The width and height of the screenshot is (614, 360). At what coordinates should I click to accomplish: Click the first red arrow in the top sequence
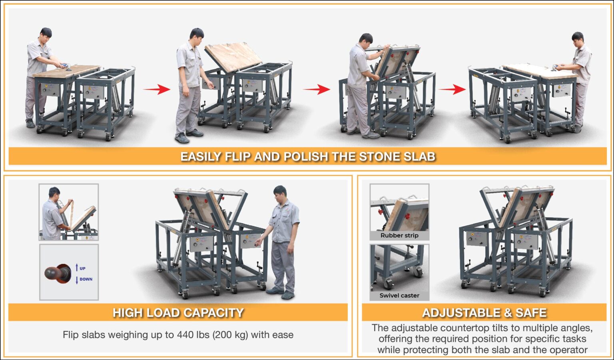click(157, 89)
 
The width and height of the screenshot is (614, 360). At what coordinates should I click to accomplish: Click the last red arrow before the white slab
click(452, 89)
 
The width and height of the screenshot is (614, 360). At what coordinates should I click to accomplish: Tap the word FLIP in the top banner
click(238, 157)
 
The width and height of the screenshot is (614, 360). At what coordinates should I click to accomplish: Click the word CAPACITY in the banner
click(213, 313)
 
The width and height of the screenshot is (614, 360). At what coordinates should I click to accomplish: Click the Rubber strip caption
click(399, 236)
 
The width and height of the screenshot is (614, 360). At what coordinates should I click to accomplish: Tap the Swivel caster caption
click(399, 296)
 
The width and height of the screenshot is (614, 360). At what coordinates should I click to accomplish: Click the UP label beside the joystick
click(82, 268)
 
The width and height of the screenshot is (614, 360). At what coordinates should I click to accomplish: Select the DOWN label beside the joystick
click(86, 279)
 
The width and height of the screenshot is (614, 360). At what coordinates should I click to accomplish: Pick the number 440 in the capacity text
click(184, 335)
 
